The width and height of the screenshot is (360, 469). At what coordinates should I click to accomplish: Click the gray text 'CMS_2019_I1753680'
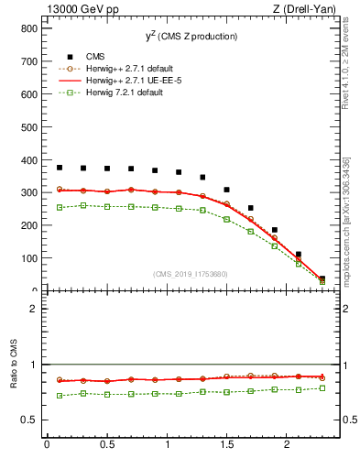(191, 273)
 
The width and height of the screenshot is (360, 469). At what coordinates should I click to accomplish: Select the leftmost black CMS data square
(60, 168)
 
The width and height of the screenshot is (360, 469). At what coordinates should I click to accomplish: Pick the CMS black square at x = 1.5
(226, 190)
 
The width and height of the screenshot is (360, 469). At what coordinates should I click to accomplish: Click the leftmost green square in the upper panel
(60, 208)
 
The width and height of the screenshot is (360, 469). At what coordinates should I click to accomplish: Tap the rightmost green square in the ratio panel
(322, 388)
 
